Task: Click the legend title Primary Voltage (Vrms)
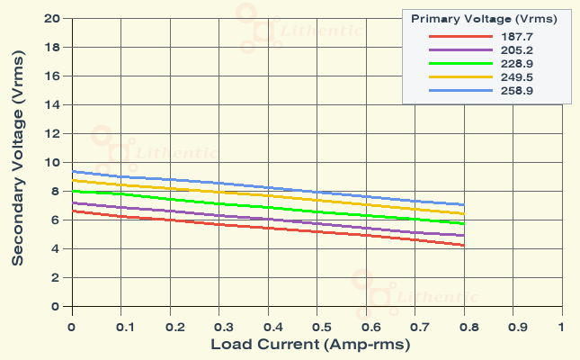pos(484,18)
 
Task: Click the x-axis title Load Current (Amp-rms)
pos(316,345)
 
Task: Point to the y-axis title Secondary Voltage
pos(17,162)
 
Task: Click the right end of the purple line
pos(463,236)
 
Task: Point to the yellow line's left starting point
pos(72,180)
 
